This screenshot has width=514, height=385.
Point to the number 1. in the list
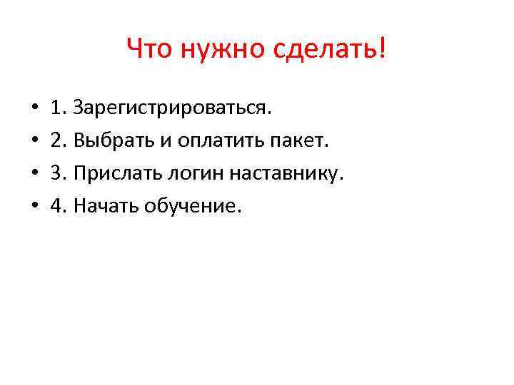pos(59,108)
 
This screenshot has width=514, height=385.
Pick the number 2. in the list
pos(59,141)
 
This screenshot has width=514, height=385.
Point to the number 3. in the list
pos(59,173)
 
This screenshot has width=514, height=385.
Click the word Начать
pos(106,206)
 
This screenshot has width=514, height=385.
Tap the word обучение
pos(193,207)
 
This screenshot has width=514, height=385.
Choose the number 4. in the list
pos(59,206)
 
